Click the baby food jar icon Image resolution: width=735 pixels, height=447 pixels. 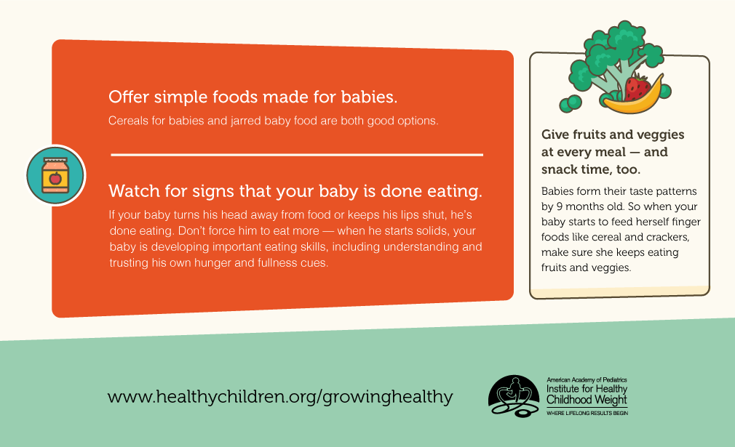pos(56,175)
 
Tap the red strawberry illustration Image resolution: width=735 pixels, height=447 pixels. pos(637,88)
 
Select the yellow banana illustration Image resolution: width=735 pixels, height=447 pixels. pos(635,99)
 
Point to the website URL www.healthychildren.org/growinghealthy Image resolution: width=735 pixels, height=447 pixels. pos(280,397)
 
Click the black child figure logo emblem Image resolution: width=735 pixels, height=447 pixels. pos(513,396)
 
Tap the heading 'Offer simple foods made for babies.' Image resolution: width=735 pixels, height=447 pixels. pos(253,97)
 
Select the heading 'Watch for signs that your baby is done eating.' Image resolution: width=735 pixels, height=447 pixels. pos(295,191)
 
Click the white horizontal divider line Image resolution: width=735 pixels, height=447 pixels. pos(297,155)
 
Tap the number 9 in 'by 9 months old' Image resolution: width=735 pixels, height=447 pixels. pos(560,206)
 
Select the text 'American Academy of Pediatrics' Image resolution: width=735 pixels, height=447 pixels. pos(587,380)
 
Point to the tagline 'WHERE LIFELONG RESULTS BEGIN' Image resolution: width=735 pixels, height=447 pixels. pos(587,414)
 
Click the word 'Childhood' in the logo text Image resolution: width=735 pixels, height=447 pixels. pos(565,400)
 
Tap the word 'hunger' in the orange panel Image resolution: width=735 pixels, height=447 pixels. pos(212,263)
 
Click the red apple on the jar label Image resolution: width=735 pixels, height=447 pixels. pos(55,178)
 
